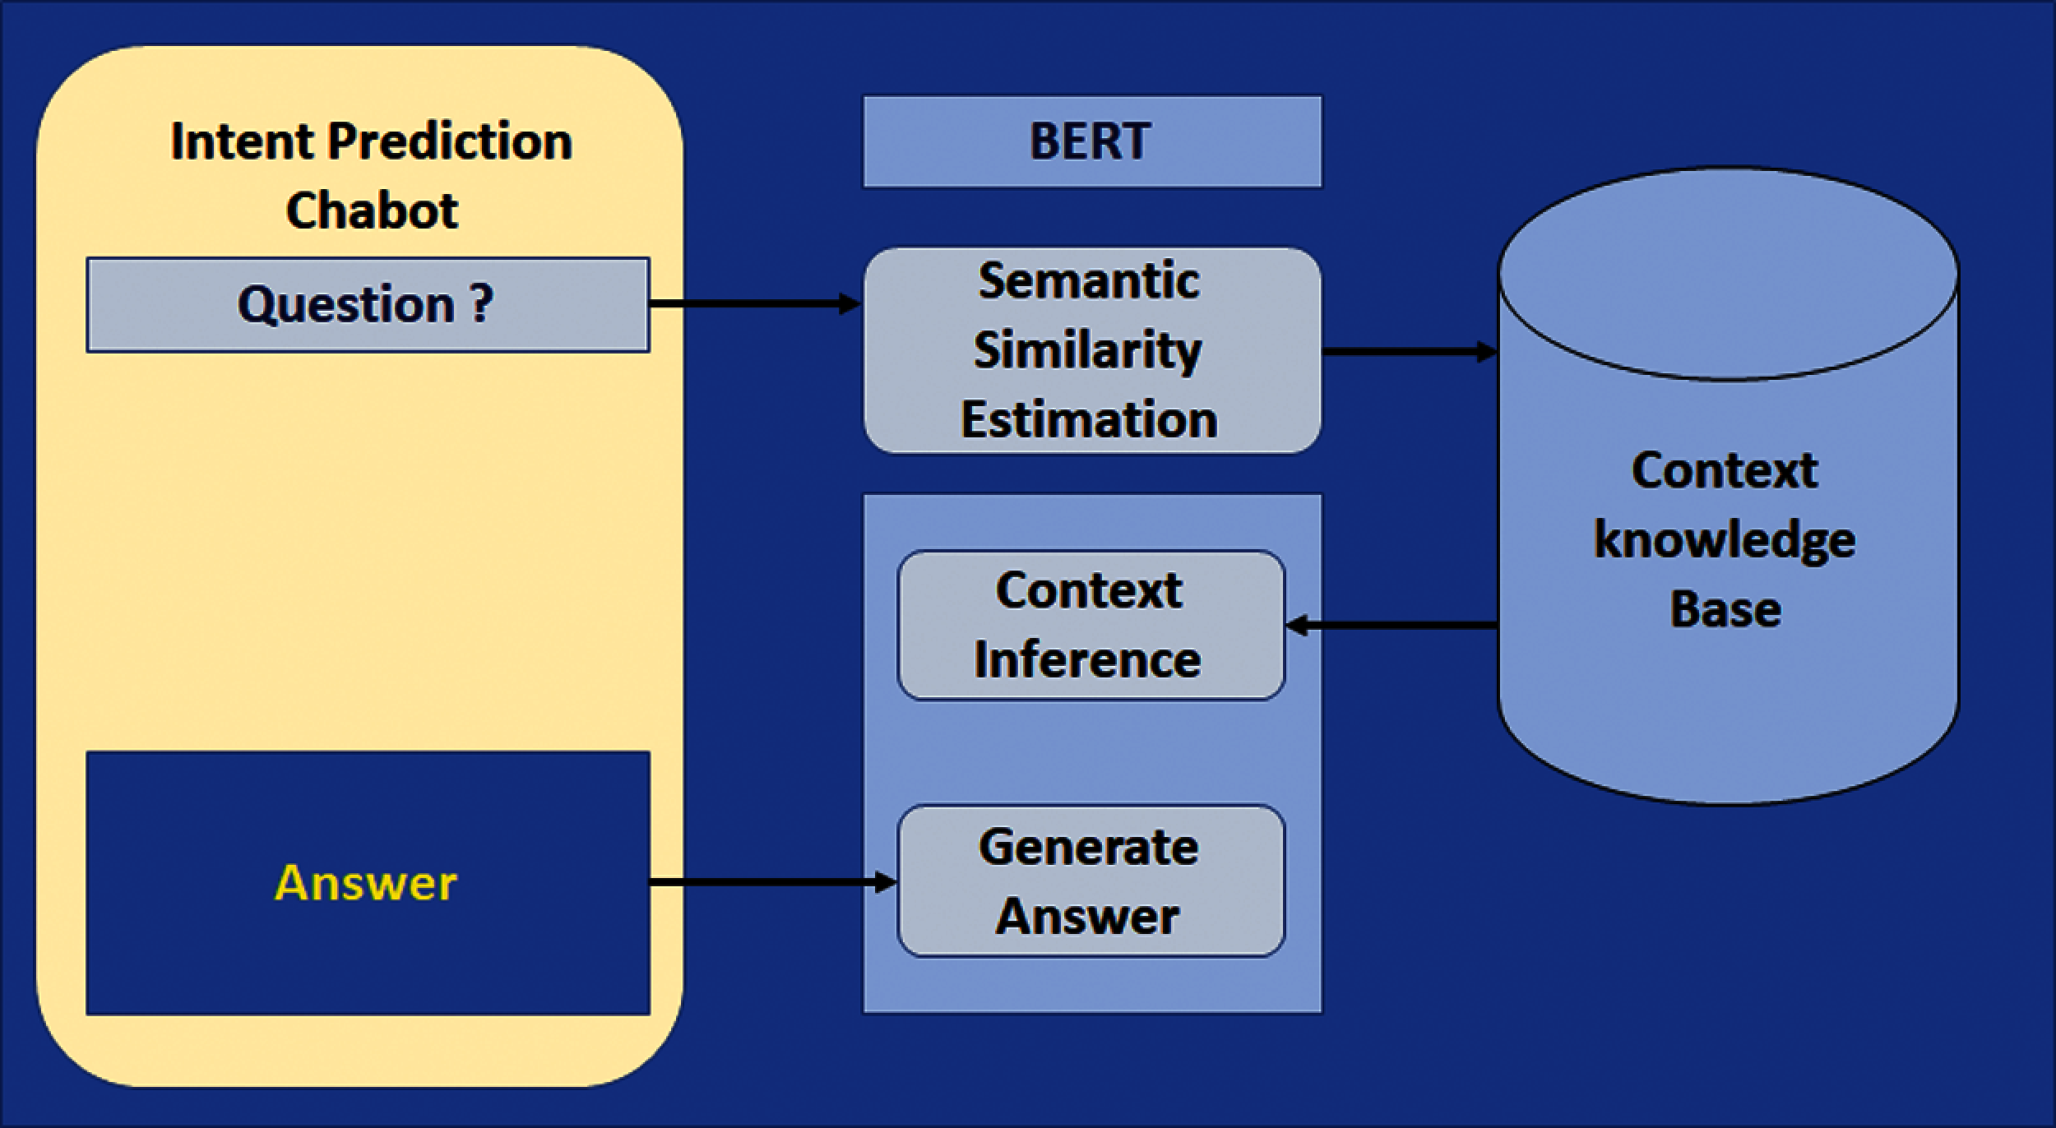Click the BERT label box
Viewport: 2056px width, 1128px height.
[1091, 141]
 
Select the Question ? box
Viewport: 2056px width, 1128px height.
[367, 305]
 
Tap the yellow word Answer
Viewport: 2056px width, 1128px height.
[365, 884]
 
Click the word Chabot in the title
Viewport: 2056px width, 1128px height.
[372, 210]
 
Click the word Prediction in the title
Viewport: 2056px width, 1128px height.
[449, 141]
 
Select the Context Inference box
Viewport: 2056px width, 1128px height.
[1090, 625]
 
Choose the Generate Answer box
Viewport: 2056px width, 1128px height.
[1090, 881]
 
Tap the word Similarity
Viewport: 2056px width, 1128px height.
[1087, 351]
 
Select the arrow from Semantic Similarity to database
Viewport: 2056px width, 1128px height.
[1408, 352]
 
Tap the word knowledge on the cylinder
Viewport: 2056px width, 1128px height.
[1724, 541]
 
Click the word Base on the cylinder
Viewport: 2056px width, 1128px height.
[1725, 610]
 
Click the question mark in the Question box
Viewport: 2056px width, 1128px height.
[482, 303]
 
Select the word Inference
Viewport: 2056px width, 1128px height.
[1087, 660]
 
